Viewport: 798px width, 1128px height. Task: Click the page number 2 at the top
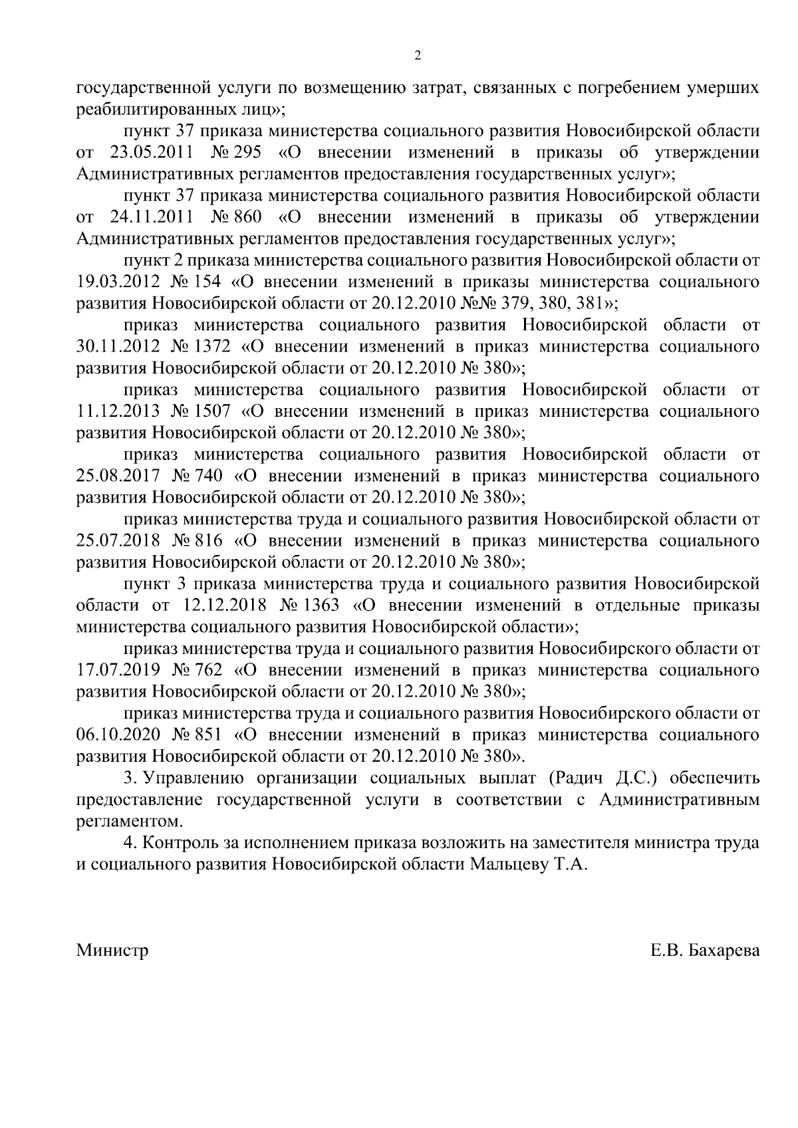(417, 56)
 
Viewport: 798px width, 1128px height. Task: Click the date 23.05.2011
(151, 152)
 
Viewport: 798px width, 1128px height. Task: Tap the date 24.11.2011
(151, 217)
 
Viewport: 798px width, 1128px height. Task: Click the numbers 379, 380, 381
(556, 303)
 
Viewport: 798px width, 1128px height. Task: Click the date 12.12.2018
(223, 606)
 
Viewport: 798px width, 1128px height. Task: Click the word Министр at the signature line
(112, 950)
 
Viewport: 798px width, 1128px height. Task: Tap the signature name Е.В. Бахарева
(704, 950)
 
